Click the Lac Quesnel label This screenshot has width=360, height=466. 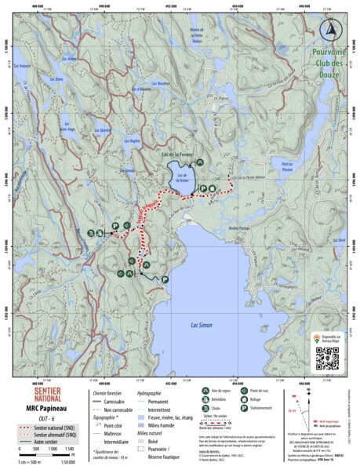coord(104,129)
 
